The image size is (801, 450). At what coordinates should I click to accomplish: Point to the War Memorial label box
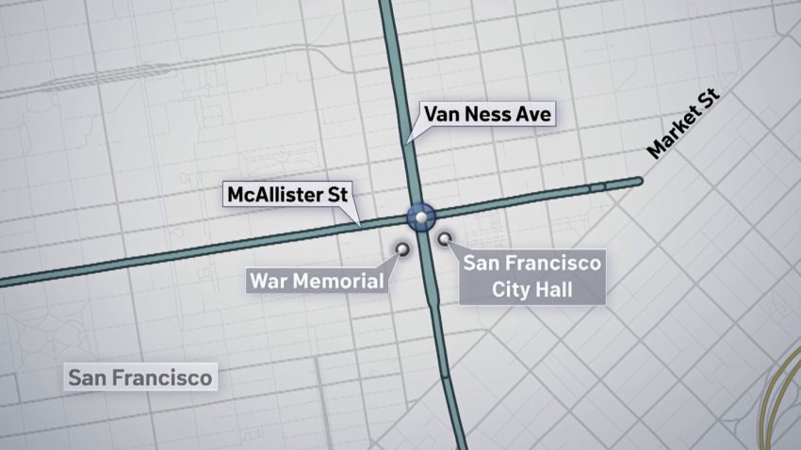(316, 281)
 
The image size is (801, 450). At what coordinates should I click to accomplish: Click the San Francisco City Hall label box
(531, 276)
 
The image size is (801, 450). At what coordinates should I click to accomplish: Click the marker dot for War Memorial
(403, 249)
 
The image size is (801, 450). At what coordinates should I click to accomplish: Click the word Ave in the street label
(531, 116)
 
